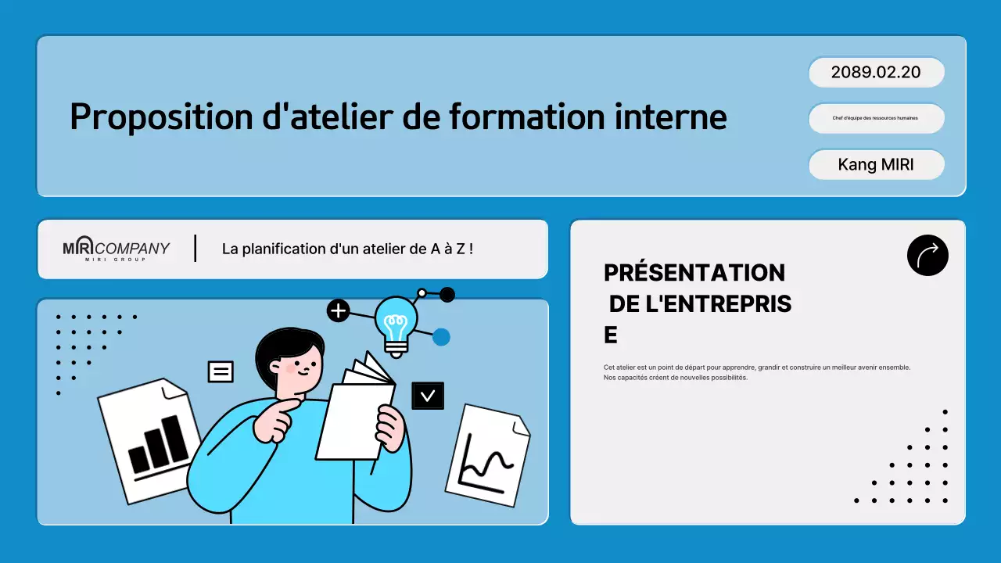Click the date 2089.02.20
(876, 73)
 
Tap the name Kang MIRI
(876, 165)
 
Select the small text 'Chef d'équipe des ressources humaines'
(876, 118)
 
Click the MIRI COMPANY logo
(116, 249)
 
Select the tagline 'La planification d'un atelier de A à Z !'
(347, 249)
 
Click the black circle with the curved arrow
(927, 255)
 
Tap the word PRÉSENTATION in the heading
(694, 273)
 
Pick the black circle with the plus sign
(338, 311)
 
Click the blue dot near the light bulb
(441, 337)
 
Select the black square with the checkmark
(428, 396)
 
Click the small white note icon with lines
(221, 371)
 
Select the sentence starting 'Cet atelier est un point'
(756, 367)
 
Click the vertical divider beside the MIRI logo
(195, 248)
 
